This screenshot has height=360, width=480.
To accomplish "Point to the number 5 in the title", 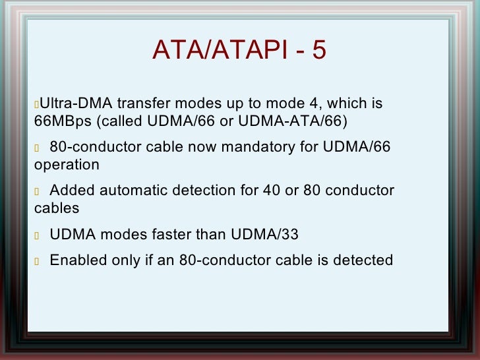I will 319,50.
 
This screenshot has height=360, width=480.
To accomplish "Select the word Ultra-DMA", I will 75,104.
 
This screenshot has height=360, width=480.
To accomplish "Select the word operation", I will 67,165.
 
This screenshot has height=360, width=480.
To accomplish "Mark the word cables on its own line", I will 57,208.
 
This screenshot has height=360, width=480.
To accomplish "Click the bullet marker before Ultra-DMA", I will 37,105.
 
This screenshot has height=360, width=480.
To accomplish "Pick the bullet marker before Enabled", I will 37,261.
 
